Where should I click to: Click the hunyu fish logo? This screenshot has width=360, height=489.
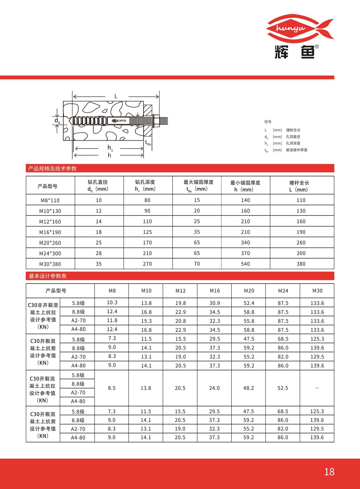tap(300, 29)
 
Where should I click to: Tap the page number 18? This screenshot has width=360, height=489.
tap(329, 472)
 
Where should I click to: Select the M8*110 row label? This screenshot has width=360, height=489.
tap(50, 200)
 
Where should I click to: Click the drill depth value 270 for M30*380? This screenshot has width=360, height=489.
tap(147, 264)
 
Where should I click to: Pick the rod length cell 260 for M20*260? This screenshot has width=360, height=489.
tap(301, 243)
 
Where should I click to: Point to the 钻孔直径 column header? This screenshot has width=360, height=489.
tap(98, 185)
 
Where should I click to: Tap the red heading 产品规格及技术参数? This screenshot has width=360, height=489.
tap(52, 169)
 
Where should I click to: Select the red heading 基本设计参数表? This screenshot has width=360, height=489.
tap(48, 276)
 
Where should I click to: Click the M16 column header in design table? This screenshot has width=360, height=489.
tap(215, 291)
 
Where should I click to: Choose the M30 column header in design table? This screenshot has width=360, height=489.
tap(317, 291)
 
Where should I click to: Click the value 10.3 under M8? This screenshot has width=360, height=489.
tap(112, 302)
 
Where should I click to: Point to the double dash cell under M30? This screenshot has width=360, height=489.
tap(317, 388)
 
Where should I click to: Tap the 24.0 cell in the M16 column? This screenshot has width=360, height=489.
tap(214, 388)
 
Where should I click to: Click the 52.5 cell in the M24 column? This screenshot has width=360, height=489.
tap(283, 388)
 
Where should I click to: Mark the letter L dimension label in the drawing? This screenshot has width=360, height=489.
tap(116, 96)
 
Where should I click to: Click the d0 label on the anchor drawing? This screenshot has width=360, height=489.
tap(57, 121)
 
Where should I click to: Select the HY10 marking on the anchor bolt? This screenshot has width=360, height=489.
tap(122, 121)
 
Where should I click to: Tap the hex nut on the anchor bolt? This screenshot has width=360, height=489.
tap(156, 121)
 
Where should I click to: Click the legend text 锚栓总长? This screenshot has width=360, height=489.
tap(293, 130)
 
